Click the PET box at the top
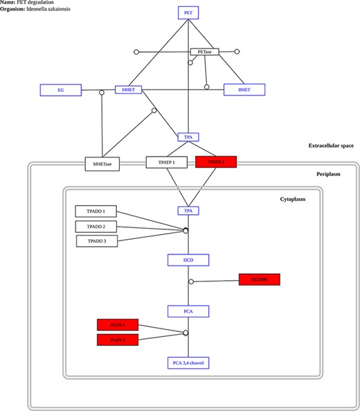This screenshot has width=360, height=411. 188,13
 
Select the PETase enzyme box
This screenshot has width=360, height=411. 204,52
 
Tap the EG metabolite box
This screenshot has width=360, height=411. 61,90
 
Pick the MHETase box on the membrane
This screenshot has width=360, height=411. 102,164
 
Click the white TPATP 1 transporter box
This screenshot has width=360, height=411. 166,162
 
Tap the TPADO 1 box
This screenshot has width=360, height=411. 96,211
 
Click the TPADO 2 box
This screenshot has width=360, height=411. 96,226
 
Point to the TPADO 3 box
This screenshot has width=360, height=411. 97,241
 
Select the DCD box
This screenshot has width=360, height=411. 188,260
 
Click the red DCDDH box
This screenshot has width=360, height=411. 260,279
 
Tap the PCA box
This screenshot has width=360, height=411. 188,311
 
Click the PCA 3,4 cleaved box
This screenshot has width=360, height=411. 188,362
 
